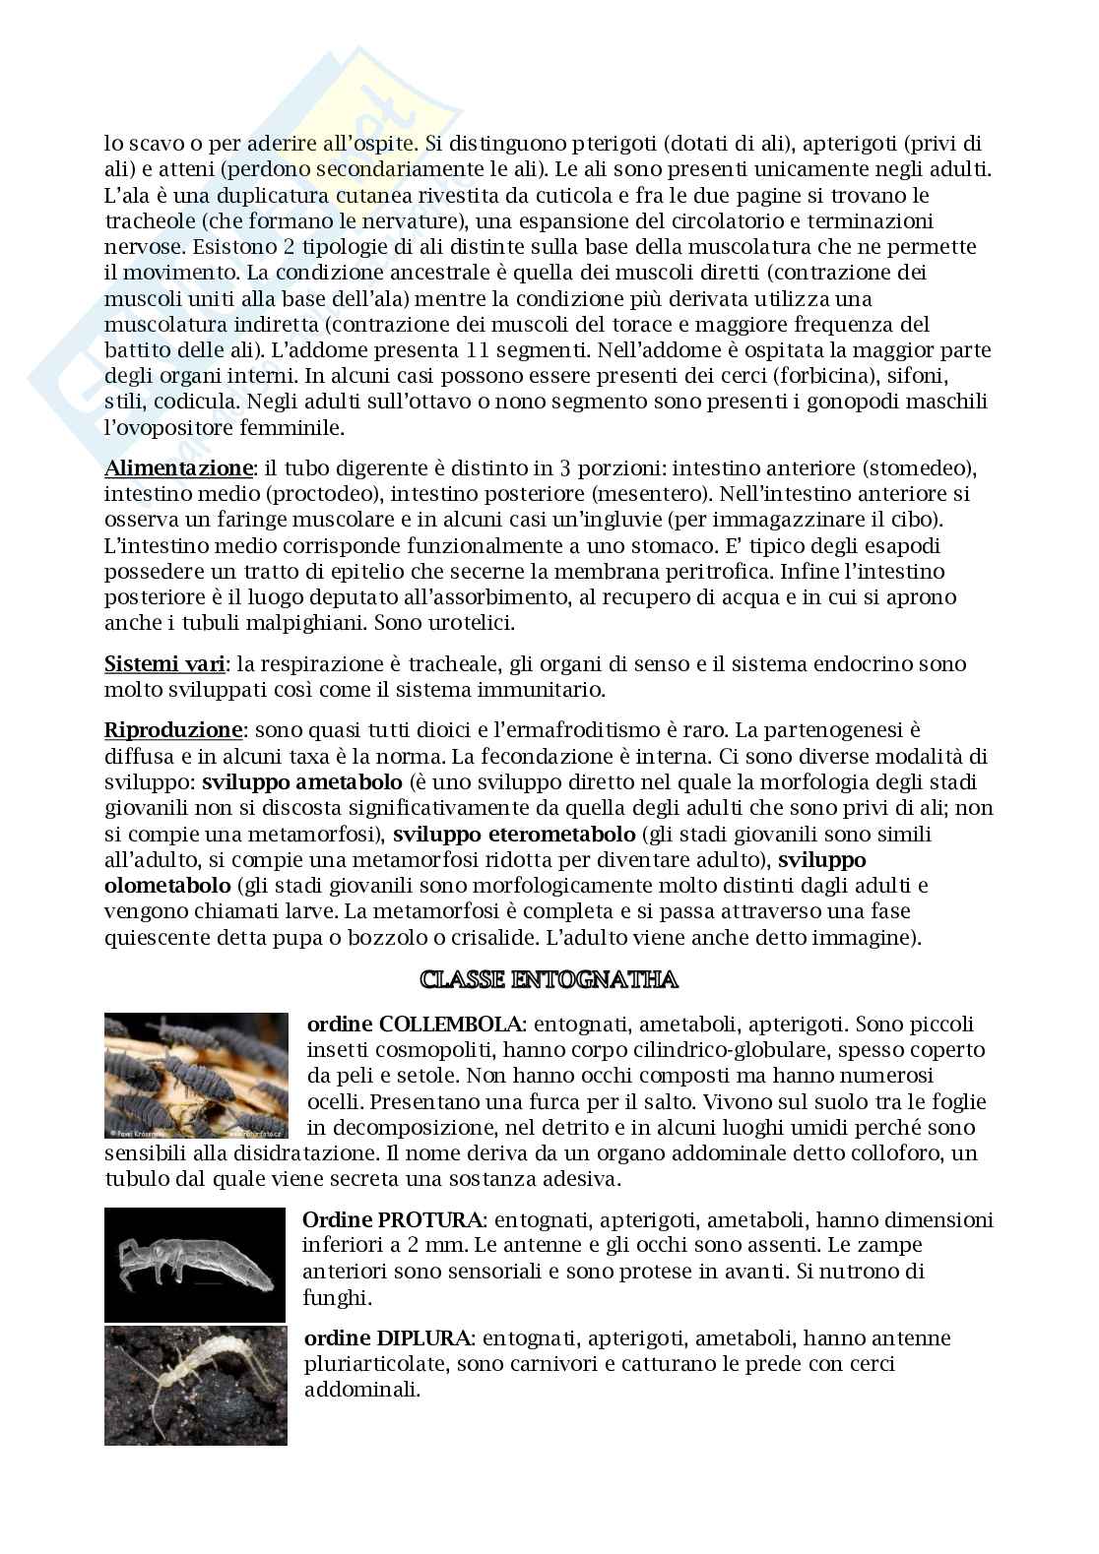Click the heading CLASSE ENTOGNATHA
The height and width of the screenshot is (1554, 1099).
pos(549,979)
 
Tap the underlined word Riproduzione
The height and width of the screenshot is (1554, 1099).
pos(173,730)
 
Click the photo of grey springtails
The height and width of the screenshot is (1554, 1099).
pos(197,1075)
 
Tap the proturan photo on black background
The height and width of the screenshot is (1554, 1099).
pos(195,1265)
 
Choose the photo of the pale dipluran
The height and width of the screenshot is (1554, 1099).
pos(195,1385)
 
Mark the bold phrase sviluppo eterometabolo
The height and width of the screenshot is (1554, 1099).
pos(515,835)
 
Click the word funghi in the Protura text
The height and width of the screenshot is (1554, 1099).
pos(334,1297)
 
